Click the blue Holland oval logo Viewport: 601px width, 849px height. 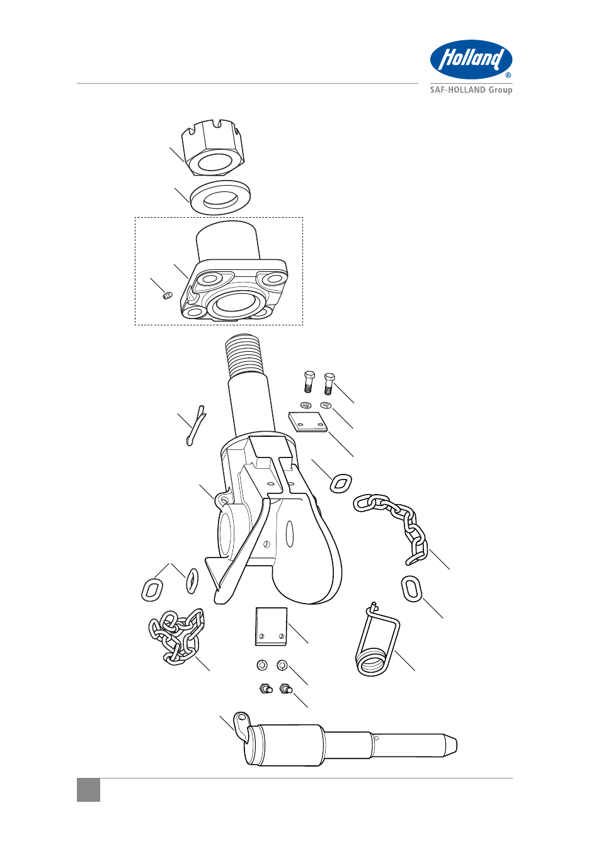click(471, 60)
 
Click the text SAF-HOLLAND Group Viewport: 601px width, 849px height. click(471, 90)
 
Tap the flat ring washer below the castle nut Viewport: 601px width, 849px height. click(220, 197)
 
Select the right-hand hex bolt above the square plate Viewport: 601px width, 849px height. click(329, 383)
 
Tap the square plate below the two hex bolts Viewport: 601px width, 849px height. click(307, 422)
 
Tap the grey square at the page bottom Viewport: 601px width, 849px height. click(88, 790)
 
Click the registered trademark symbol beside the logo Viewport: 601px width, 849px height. click(508, 75)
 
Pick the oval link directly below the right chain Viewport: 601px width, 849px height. click(411, 588)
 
